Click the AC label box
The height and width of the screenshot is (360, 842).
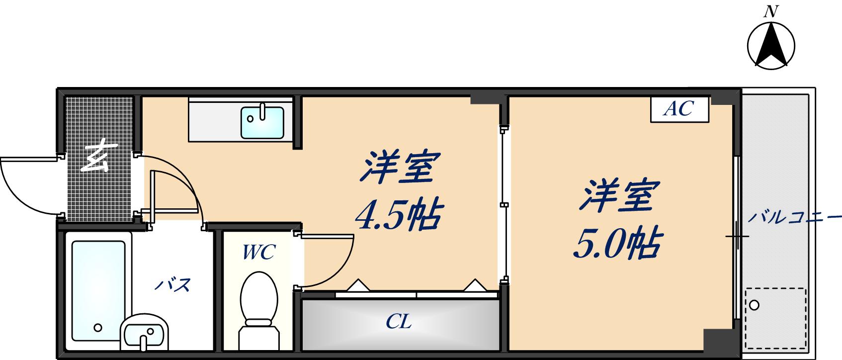679,109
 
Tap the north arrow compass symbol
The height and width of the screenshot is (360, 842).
771,45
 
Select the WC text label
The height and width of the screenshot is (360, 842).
258,252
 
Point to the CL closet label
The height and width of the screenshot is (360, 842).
399,322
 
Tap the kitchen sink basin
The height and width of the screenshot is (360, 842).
262,121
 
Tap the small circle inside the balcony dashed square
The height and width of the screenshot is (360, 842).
755,304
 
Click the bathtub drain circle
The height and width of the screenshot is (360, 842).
98,328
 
